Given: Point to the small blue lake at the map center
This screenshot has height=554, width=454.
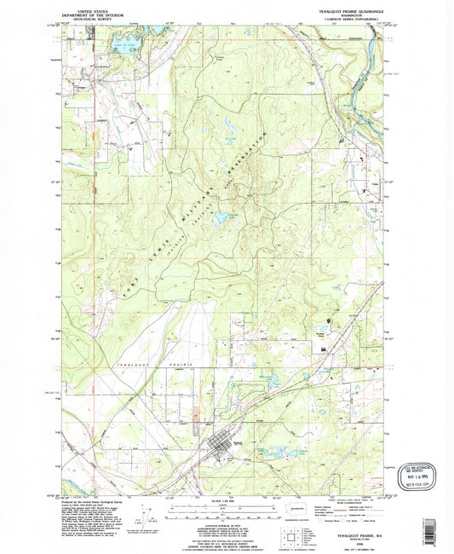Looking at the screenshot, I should [x=222, y=217].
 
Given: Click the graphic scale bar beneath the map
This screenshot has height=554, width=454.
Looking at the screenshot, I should [x=227, y=509].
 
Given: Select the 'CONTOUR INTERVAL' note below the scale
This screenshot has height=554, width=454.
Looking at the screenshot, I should [x=227, y=522].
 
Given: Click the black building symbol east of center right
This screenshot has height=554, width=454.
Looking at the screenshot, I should [x=326, y=319].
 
